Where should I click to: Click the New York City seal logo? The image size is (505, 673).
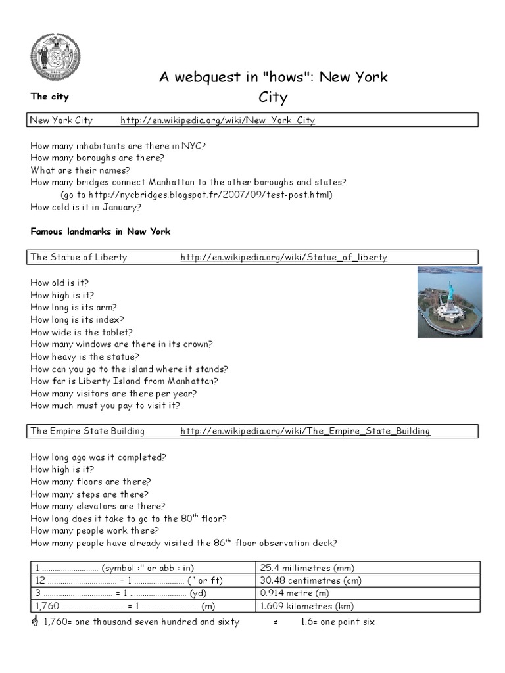click(55, 56)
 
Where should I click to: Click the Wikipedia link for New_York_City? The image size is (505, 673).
click(217, 120)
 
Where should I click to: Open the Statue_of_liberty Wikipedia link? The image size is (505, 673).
click(283, 257)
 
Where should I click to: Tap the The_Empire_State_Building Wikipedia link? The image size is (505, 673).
click(305, 431)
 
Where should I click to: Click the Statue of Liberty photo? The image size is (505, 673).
click(450, 302)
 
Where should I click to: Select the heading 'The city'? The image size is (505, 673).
click(49, 97)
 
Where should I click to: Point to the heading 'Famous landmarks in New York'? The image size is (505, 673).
click(101, 231)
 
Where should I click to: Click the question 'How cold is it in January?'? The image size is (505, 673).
click(85, 206)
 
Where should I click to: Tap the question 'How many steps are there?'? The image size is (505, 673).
click(89, 494)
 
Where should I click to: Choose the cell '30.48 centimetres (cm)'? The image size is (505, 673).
click(310, 580)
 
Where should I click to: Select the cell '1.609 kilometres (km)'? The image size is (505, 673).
click(306, 606)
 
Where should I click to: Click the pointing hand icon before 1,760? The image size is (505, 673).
click(35, 622)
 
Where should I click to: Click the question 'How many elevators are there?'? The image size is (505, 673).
click(98, 506)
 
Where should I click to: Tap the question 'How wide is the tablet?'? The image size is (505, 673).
click(82, 332)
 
